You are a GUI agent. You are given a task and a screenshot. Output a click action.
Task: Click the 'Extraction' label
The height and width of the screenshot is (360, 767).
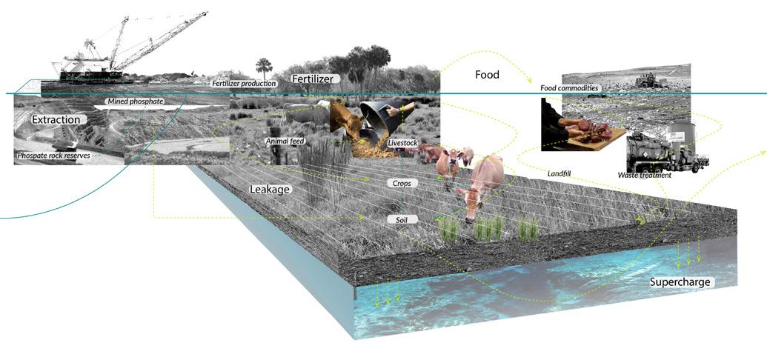56,119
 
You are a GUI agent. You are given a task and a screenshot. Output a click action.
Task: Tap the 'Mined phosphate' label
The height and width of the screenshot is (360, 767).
135,101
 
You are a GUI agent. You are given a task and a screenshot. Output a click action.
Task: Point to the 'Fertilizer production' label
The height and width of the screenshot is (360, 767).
244,84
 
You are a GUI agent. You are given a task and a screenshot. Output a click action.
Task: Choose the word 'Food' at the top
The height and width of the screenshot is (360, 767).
487,75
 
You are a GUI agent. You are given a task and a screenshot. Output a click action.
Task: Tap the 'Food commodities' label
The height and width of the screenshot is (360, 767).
569,89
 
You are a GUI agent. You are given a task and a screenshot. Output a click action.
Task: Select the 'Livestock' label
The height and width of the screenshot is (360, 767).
404,141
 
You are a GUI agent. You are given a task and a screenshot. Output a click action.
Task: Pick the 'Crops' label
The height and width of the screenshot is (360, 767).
403,182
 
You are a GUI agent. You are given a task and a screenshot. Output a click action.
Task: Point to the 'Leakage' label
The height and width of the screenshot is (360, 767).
269,189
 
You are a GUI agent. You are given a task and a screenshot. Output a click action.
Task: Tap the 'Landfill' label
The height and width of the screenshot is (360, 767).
560,173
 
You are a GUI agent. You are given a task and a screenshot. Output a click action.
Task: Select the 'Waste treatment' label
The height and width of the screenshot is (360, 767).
644,175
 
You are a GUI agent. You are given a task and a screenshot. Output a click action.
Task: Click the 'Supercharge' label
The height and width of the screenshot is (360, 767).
680,281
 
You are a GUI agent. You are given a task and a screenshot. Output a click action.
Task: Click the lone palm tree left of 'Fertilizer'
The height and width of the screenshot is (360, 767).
263,69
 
